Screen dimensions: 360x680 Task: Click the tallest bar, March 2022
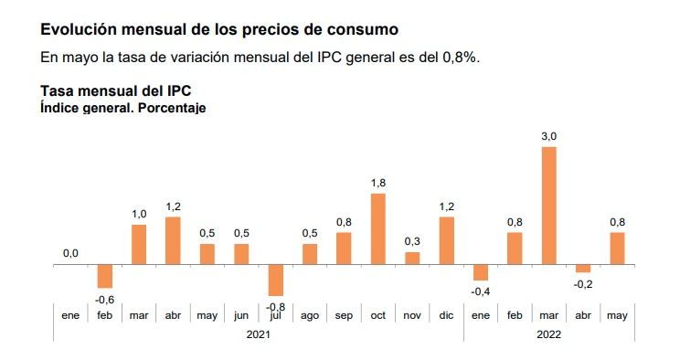tap(549, 206)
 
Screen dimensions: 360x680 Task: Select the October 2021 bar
tap(377, 229)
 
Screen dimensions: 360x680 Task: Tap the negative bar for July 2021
tap(275, 280)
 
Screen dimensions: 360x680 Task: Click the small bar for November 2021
tap(412, 259)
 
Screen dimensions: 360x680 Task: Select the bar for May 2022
tap(618, 249)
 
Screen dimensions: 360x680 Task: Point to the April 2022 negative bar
tap(583, 269)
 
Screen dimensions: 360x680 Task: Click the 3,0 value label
tap(549, 136)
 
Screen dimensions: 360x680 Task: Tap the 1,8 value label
tap(377, 184)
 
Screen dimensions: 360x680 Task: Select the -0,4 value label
tap(479, 291)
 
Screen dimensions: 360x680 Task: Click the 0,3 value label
tap(412, 241)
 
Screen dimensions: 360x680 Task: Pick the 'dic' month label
tap(446, 316)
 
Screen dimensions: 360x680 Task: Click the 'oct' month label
tap(377, 316)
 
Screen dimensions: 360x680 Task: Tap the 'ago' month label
tap(309, 316)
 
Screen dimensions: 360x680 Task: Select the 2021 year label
tap(258, 334)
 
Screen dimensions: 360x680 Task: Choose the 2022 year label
tap(549, 334)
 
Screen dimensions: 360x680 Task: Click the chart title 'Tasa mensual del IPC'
tap(115, 91)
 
